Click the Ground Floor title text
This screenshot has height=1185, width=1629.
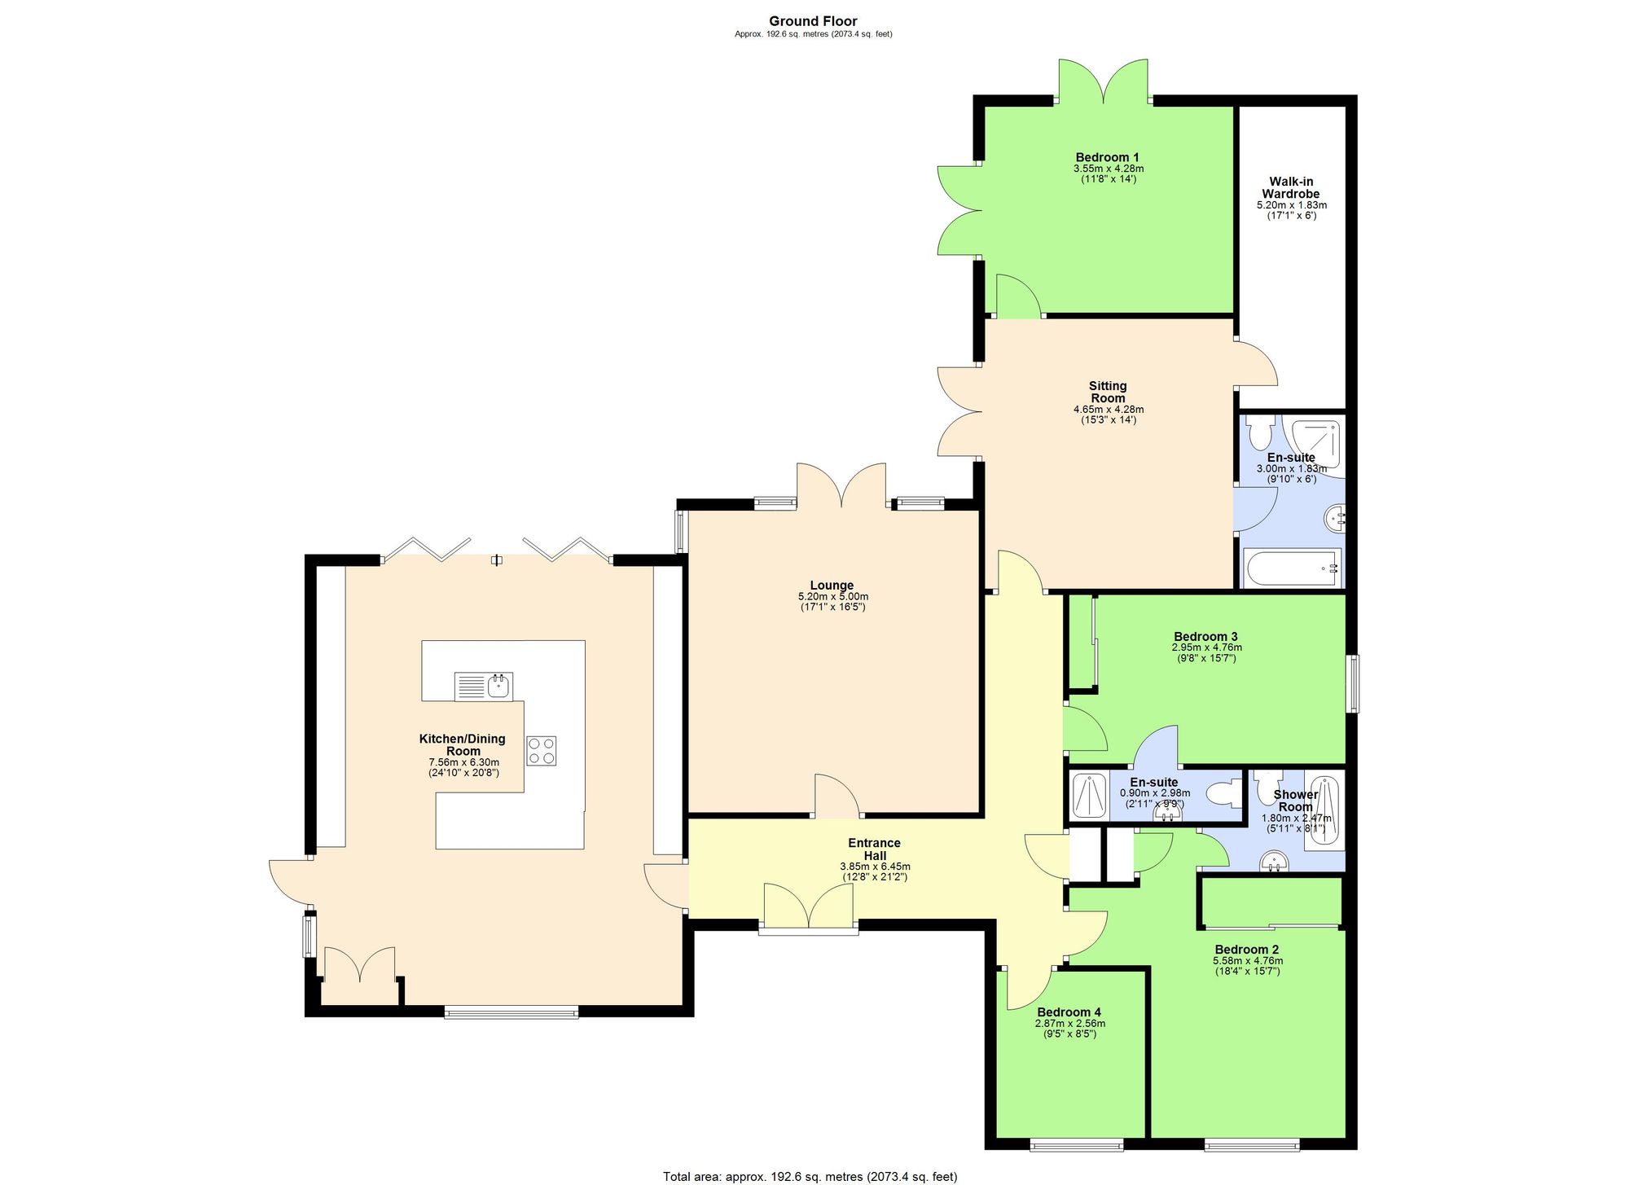813,21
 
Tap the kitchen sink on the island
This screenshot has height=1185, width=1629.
484,686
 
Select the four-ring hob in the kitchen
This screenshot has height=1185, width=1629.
541,750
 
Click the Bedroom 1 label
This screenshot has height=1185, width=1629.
1107,157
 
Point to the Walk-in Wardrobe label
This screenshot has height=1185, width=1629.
1291,188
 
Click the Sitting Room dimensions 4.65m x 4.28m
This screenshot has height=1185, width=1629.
1108,410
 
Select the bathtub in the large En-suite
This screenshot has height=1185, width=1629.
1291,568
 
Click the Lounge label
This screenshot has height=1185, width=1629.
832,585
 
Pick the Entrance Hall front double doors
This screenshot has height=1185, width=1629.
809,906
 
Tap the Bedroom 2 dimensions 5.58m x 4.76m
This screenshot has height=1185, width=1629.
1247,961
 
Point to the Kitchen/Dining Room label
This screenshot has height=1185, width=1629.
462,744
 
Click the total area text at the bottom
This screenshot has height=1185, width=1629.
810,1176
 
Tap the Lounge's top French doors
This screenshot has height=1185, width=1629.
841,486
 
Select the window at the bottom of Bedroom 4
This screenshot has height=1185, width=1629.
1076,1146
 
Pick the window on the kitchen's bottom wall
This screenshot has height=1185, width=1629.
511,1012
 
